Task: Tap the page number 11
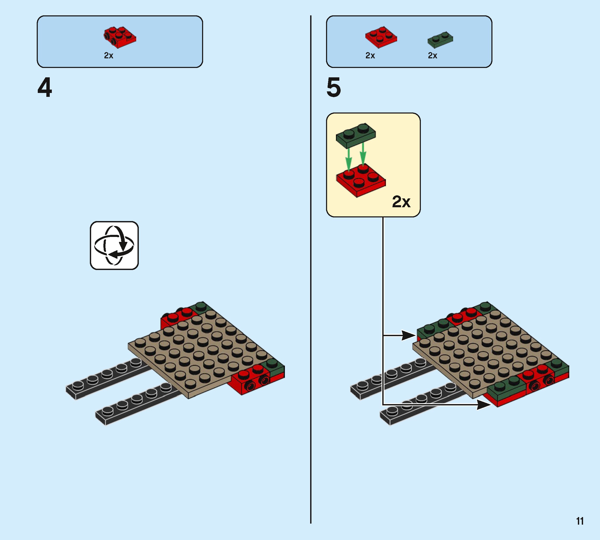(580, 521)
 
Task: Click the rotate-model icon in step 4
(114, 245)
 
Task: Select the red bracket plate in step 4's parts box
(120, 37)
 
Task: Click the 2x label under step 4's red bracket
(109, 55)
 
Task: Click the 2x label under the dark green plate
(432, 55)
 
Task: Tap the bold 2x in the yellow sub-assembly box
(401, 202)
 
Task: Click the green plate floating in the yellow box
(356, 136)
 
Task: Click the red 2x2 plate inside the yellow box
(360, 180)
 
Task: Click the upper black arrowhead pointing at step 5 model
(409, 336)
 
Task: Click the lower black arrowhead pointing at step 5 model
(483, 404)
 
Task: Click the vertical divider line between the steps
(311, 267)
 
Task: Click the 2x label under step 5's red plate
(370, 55)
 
